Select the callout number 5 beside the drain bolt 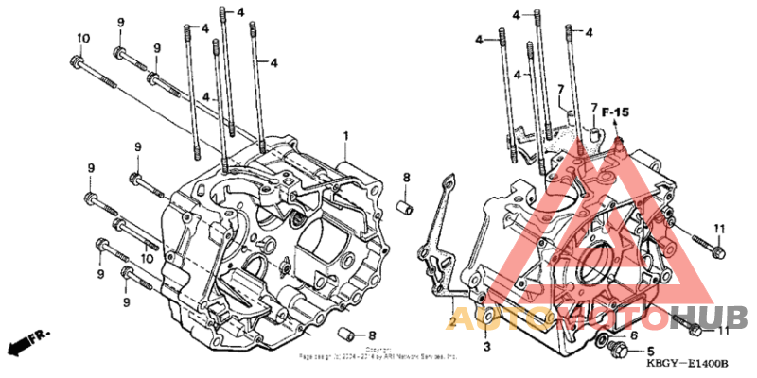[x=650, y=351]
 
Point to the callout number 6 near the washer [x=634, y=335]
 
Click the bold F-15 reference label [x=616, y=113]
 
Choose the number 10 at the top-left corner [x=82, y=37]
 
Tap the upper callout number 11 [x=718, y=229]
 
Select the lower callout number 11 [x=724, y=330]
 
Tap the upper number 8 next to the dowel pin [x=406, y=177]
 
